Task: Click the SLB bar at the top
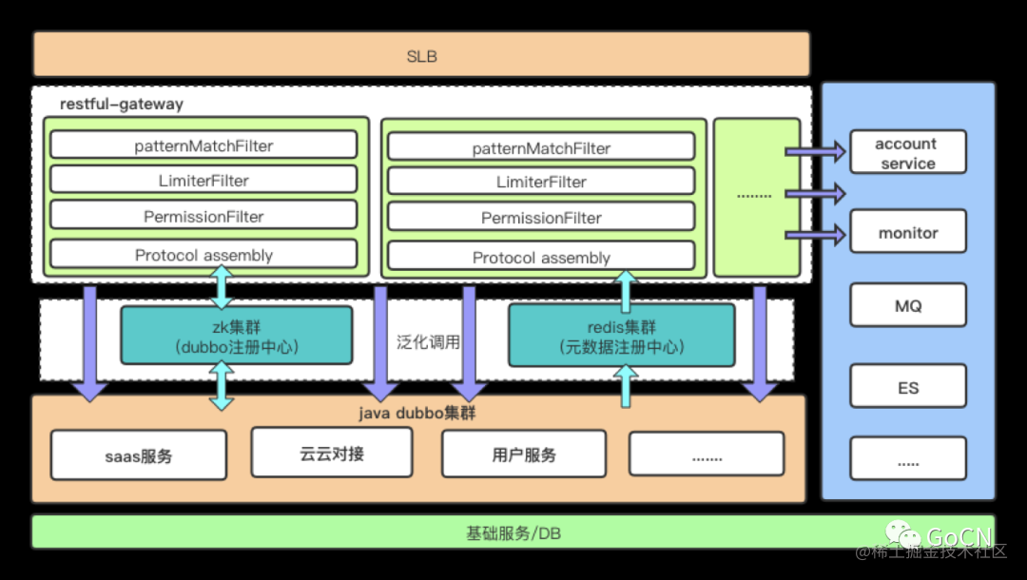point(421,54)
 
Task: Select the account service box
point(907,153)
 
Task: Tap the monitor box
point(907,232)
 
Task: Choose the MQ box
point(907,306)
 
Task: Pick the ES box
point(907,386)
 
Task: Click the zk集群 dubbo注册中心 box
point(236,335)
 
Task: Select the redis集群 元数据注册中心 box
point(621,336)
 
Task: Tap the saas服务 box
point(139,455)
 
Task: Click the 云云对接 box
point(331,453)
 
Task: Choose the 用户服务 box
point(523,454)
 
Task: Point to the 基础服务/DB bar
point(513,532)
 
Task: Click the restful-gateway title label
point(122,104)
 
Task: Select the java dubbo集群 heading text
point(417,414)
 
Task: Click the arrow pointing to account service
point(815,151)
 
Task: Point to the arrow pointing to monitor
point(815,234)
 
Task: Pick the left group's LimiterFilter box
point(203,180)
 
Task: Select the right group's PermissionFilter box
point(541,218)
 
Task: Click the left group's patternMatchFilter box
point(203,145)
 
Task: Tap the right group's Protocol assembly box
point(541,257)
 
